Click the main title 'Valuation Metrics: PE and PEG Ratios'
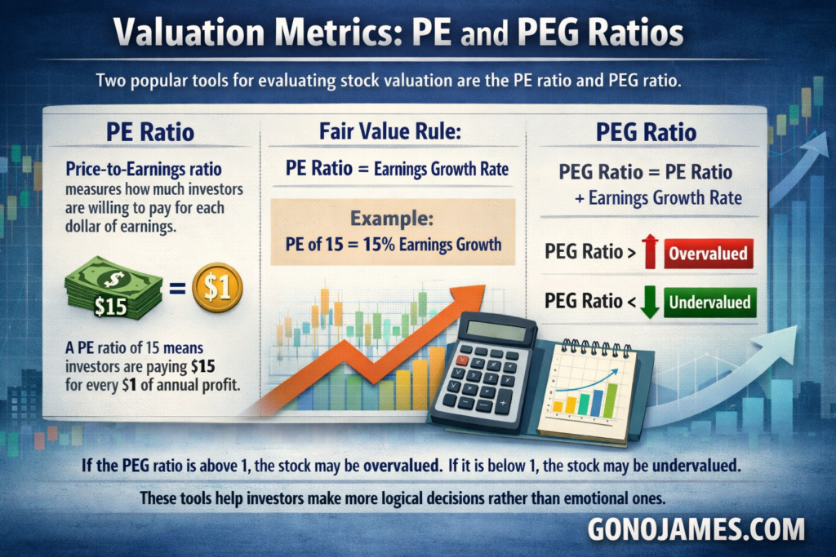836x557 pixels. coord(398,35)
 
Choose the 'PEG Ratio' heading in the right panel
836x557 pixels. coord(647,131)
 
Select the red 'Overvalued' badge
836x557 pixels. coord(709,253)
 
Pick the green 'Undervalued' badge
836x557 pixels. coord(709,303)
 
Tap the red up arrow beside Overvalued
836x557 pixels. coord(651,252)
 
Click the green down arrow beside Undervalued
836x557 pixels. coord(651,302)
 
